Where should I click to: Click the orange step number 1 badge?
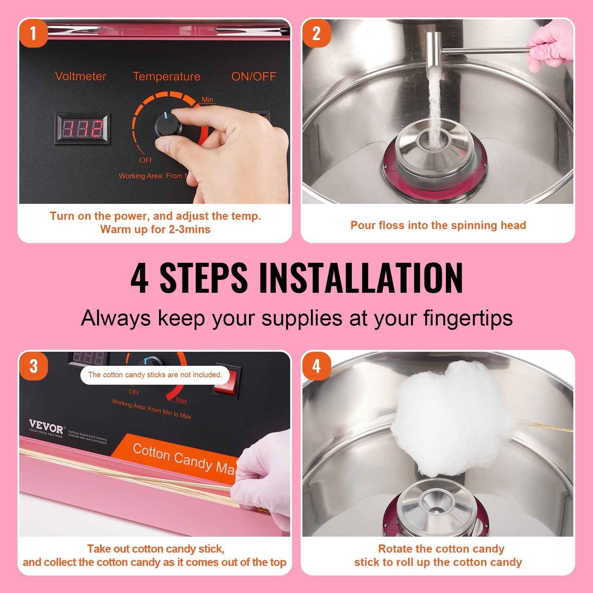tap(33, 34)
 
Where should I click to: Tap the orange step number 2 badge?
tap(316, 34)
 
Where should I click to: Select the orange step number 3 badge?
tap(33, 366)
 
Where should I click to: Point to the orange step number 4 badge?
tap(316, 366)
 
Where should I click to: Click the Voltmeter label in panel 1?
tap(80, 76)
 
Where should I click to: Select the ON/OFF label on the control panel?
tap(254, 76)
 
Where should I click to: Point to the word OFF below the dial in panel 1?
tap(146, 160)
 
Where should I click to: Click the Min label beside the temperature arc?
tap(207, 100)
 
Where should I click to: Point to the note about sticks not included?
tap(155, 375)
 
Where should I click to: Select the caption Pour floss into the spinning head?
tap(438, 225)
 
